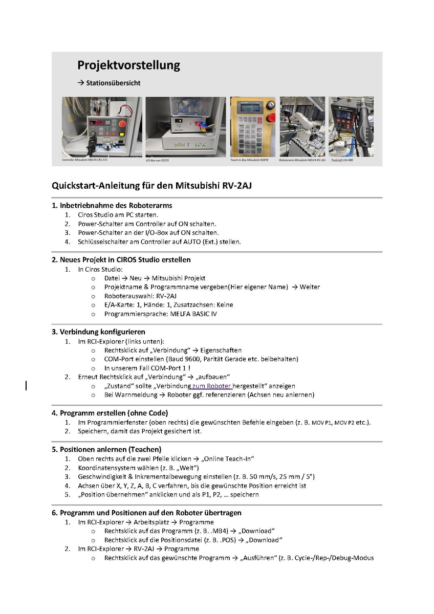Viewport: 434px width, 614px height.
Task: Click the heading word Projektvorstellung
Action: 128,65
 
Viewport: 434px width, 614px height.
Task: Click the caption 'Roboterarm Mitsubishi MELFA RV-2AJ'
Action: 302,160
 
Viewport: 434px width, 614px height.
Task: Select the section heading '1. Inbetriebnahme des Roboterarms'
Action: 112,205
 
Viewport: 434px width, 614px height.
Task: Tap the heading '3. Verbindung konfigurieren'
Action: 98,332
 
